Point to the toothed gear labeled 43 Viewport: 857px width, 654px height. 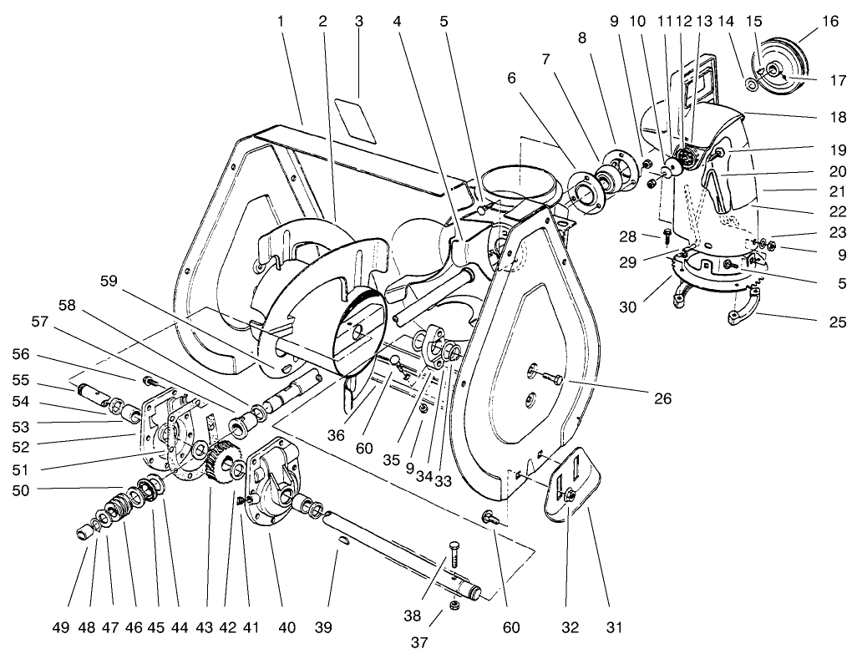220,462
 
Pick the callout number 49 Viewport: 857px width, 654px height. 79,626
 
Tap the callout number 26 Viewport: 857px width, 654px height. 662,399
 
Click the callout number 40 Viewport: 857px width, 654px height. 287,626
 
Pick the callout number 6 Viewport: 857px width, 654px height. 511,78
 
